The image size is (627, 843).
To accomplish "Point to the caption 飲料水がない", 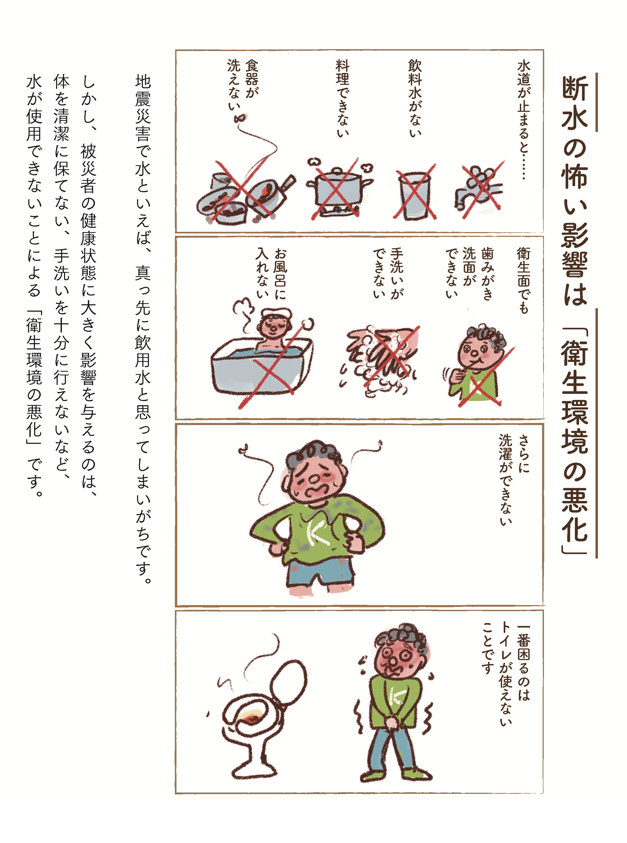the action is (415, 98).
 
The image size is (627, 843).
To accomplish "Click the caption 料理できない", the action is (342, 98).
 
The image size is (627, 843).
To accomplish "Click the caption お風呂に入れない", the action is (272, 273).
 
